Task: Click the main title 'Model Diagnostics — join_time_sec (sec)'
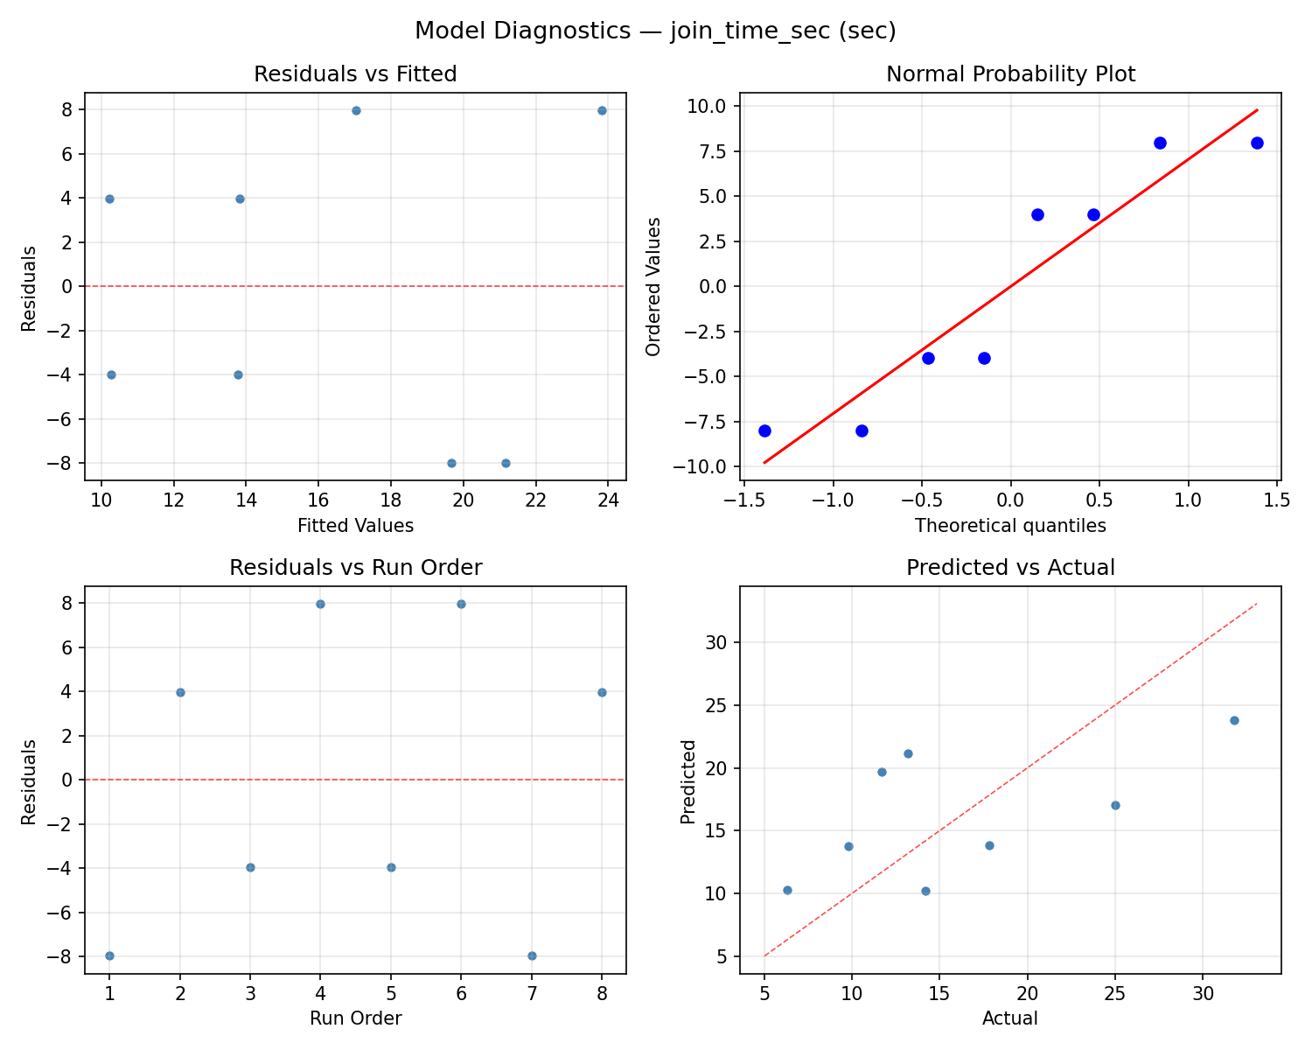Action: coord(655,31)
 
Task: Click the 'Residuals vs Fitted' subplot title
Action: coord(355,74)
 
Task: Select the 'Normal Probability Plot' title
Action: coord(1010,74)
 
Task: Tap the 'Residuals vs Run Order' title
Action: coord(355,568)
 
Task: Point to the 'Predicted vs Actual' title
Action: coord(1010,568)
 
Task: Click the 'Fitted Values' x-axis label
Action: coord(355,526)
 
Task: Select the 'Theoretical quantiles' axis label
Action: coord(1010,526)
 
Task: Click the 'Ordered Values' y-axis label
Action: coord(653,286)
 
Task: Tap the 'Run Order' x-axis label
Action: coord(355,1018)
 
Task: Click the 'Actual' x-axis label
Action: coord(1010,1018)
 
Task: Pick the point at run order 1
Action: coord(109,955)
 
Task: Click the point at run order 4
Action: coord(320,604)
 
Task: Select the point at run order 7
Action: coord(532,955)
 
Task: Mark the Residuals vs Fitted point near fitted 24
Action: coord(602,110)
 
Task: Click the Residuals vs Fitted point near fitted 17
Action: coord(356,110)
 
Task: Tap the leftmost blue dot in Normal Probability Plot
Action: coord(764,430)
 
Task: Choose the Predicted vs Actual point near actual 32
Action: coord(1234,720)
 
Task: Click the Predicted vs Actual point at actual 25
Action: coord(1115,805)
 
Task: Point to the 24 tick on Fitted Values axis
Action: coord(608,500)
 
